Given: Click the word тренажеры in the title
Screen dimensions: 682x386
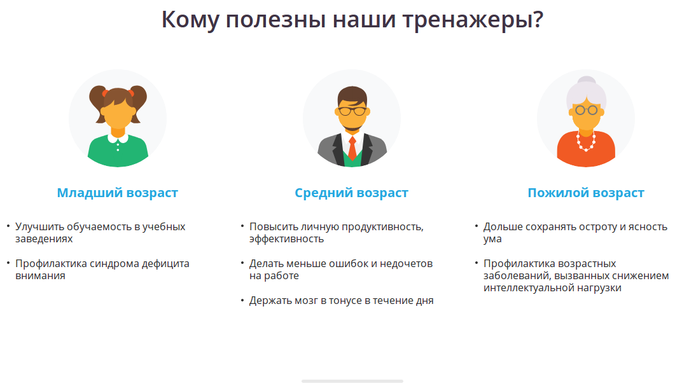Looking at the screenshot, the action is pyautogui.click(x=473, y=20).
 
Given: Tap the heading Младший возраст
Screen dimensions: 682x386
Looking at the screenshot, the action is pyautogui.click(x=118, y=193).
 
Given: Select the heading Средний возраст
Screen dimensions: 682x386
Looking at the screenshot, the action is pyautogui.click(x=351, y=193).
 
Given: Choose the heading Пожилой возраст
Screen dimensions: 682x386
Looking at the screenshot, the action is pyautogui.click(x=586, y=193).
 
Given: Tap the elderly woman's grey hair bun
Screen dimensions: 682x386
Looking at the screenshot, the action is pyautogui.click(x=587, y=81).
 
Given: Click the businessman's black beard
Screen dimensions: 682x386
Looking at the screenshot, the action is pyautogui.click(x=352, y=123).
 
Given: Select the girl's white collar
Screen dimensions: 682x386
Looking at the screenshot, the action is pyautogui.click(x=118, y=138).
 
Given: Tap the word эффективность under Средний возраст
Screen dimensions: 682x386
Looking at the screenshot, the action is pyautogui.click(x=287, y=239).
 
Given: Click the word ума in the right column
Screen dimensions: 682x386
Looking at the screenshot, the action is pyautogui.click(x=492, y=239).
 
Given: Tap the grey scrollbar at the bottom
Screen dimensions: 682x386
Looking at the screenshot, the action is pyautogui.click(x=352, y=381).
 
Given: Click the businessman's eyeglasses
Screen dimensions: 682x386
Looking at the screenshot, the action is pyautogui.click(x=352, y=111).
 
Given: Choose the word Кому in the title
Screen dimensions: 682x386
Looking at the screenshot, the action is pyautogui.click(x=190, y=20).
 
